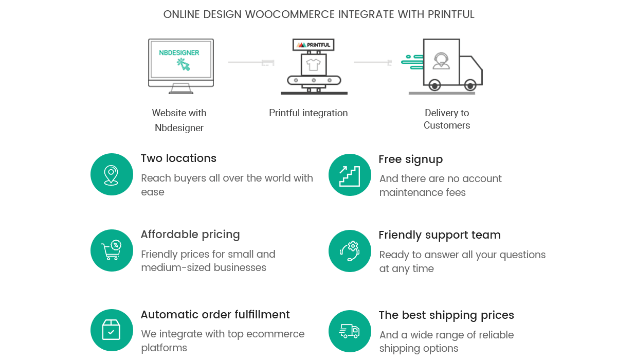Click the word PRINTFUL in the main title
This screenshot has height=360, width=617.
(451, 14)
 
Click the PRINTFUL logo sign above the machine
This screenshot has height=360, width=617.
(313, 45)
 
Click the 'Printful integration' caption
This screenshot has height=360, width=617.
(308, 113)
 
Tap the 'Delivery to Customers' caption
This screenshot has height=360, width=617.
(447, 119)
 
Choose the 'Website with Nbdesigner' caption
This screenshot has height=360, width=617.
(179, 120)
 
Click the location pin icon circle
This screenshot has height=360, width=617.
(112, 175)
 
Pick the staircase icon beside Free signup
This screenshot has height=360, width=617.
(350, 175)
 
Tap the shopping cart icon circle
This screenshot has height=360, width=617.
(112, 251)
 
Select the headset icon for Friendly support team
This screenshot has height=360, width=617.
(350, 251)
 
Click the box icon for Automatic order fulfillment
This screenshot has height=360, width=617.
(112, 330)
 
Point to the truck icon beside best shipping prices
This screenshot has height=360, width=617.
(350, 331)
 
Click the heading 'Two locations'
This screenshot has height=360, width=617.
(178, 158)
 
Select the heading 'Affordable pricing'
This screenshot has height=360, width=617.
(190, 235)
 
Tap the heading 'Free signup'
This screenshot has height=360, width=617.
(410, 159)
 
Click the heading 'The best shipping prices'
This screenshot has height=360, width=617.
(446, 315)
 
